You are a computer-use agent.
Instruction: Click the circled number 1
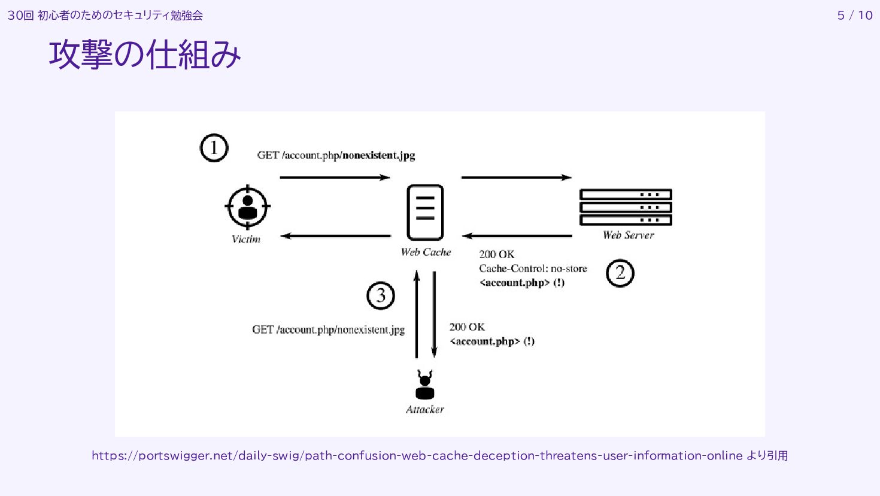coord(214,148)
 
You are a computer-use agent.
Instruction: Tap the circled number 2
coord(620,273)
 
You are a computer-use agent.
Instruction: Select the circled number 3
coord(381,295)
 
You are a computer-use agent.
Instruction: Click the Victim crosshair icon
coord(247,207)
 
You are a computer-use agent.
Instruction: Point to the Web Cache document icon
coord(425,212)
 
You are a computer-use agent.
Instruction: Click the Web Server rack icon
coord(626,207)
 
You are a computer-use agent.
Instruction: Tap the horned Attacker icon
coord(425,385)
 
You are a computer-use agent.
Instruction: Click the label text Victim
coord(246,239)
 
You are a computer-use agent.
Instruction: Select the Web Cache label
coord(426,252)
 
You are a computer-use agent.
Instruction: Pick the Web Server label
coord(628,235)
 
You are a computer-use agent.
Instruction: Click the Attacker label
coord(425,410)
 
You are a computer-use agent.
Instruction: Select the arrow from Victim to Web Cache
coord(335,177)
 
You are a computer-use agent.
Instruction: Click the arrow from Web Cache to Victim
coord(335,236)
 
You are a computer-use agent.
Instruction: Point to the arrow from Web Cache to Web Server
coord(516,177)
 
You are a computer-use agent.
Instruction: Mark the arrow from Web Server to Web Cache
coord(517,236)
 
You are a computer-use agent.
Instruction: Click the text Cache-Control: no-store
coord(533,268)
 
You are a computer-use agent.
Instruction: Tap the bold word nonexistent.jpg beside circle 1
coord(379,155)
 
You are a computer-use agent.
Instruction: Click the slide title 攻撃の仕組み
coord(145,55)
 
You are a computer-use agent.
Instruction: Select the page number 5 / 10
coord(855,16)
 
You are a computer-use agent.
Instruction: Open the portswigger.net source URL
coord(417,455)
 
